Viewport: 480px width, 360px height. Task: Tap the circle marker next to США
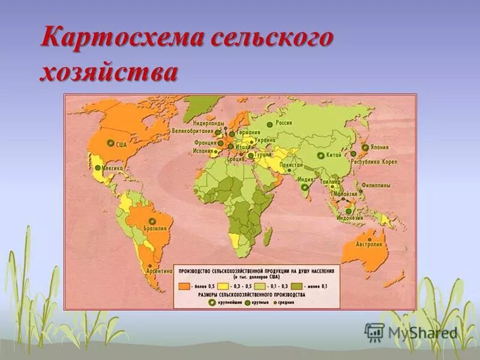pos(110,143)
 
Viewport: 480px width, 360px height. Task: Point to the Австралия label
pos(370,244)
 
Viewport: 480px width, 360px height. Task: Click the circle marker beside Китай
pos(321,155)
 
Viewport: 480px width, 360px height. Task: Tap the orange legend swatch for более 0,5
pos(184,287)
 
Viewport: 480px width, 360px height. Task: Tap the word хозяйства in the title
pos(109,73)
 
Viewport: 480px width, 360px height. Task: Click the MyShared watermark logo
pos(374,331)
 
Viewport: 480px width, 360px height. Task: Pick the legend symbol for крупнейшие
pos(211,304)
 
